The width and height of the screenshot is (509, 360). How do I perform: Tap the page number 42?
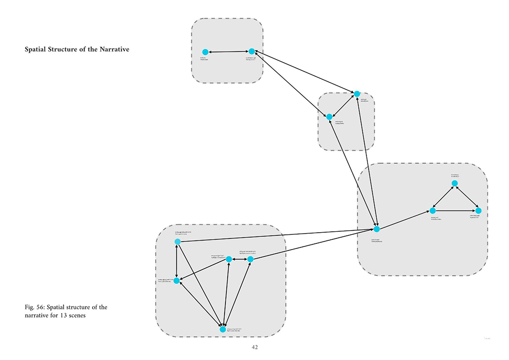click(255, 347)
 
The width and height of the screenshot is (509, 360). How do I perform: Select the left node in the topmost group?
click(205, 52)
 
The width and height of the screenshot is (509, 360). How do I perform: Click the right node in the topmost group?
click(251, 51)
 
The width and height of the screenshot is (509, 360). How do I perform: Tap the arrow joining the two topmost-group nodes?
click(228, 52)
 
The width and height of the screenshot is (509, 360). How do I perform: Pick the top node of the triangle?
click(455, 183)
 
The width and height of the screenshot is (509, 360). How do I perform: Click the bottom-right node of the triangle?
click(478, 210)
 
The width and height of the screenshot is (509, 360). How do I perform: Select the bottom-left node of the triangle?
click(432, 210)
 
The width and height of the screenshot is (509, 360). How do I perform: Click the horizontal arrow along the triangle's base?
click(455, 210)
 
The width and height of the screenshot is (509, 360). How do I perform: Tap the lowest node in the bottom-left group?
click(222, 329)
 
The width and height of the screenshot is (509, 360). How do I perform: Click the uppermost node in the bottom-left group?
click(177, 241)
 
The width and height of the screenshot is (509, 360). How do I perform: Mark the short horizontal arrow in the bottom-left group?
click(239, 259)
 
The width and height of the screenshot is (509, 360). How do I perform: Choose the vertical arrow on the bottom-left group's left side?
click(177, 261)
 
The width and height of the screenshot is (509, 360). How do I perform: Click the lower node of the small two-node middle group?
click(329, 117)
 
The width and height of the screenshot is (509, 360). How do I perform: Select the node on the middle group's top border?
click(357, 94)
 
